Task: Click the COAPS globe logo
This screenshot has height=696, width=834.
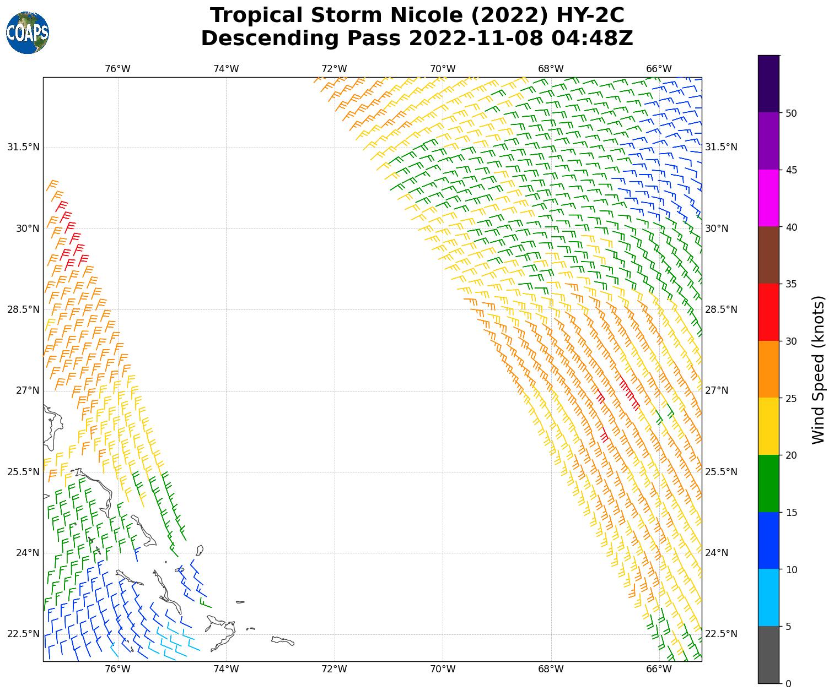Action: pos(28,32)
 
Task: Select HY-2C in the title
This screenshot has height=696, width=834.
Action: pos(590,15)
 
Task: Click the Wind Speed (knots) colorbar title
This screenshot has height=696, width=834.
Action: pos(819,369)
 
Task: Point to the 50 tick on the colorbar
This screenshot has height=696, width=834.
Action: pos(791,113)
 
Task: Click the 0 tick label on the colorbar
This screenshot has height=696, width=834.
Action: pos(788,683)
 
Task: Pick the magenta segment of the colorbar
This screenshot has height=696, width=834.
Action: pos(769,198)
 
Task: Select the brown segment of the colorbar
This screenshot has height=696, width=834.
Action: pos(769,255)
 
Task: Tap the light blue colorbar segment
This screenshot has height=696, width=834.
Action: pos(769,597)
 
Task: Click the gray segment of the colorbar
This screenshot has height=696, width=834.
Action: pos(769,655)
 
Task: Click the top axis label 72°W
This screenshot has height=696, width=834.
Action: pos(334,69)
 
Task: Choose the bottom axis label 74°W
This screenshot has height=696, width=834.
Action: pos(226,670)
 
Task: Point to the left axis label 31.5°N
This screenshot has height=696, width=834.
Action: pos(23,147)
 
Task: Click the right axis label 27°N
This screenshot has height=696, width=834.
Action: pos(717,390)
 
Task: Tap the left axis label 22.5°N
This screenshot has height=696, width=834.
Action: pos(23,634)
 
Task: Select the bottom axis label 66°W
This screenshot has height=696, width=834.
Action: pos(659,670)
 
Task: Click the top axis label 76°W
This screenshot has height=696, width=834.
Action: pos(117,69)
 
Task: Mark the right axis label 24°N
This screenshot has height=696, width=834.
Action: pos(717,553)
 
